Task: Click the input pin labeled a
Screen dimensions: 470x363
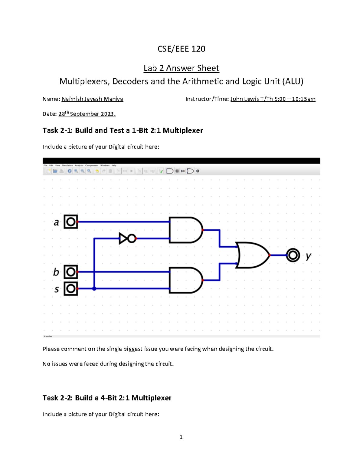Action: (71, 222)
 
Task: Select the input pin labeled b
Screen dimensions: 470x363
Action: (71, 272)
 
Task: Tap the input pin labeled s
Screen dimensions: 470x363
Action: (71, 288)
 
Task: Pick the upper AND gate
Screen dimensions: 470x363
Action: (185, 230)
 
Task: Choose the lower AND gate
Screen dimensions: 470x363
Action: (185, 280)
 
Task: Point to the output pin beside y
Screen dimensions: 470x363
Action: (293, 255)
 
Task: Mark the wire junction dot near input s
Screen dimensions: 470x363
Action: (94, 289)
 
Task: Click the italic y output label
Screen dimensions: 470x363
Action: (308, 256)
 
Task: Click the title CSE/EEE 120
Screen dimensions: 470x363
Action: (181, 49)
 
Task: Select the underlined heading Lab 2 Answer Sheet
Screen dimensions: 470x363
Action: (181, 68)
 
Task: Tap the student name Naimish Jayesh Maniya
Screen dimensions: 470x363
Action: (92, 99)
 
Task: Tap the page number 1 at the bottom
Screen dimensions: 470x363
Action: (181, 437)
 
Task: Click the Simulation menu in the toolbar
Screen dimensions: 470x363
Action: (67, 166)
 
